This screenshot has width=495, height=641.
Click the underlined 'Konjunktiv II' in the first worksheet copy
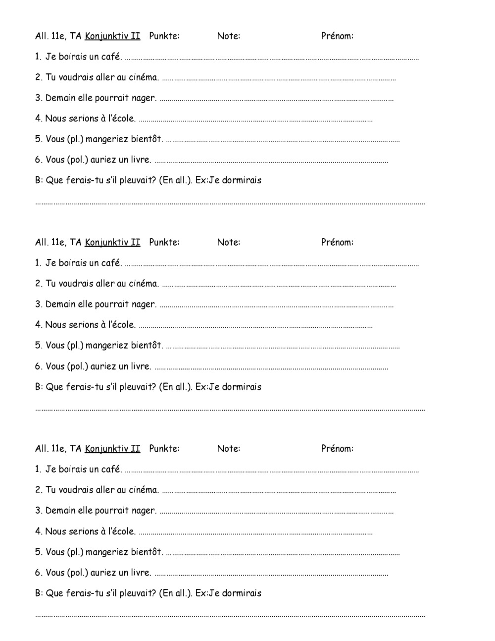pos(112,36)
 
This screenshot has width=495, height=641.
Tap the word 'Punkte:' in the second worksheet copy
pos(164,242)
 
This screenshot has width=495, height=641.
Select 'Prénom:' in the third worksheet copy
pos(337,449)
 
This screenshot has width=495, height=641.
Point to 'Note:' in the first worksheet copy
pos(228,36)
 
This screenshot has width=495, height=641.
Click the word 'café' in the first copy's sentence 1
pos(111,56)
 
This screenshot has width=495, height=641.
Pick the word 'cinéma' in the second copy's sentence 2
pos(144,284)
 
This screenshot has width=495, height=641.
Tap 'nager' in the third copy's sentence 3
pos(144,511)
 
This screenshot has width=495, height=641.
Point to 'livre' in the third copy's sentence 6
pos(141,573)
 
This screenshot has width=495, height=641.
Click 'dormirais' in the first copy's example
pos(242,180)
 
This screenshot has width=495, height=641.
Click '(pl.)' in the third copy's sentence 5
pos(75,552)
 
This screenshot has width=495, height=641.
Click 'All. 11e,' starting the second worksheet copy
pos(50,242)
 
